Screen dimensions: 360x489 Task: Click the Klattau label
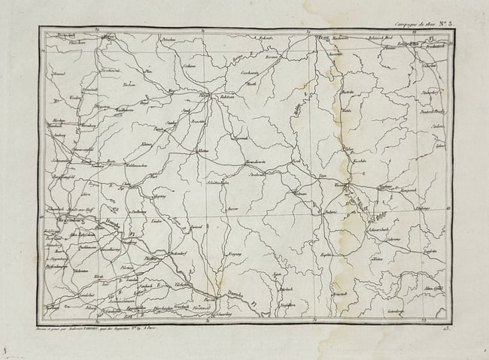pos(202,151)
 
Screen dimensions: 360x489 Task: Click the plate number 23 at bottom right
pos(445,328)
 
